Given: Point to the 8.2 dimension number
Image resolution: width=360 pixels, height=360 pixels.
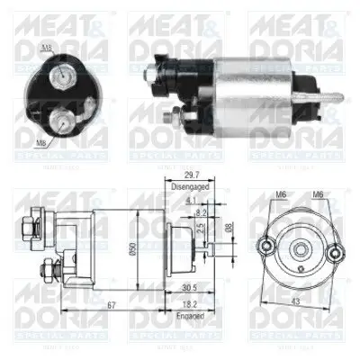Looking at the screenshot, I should [x=200, y=212].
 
